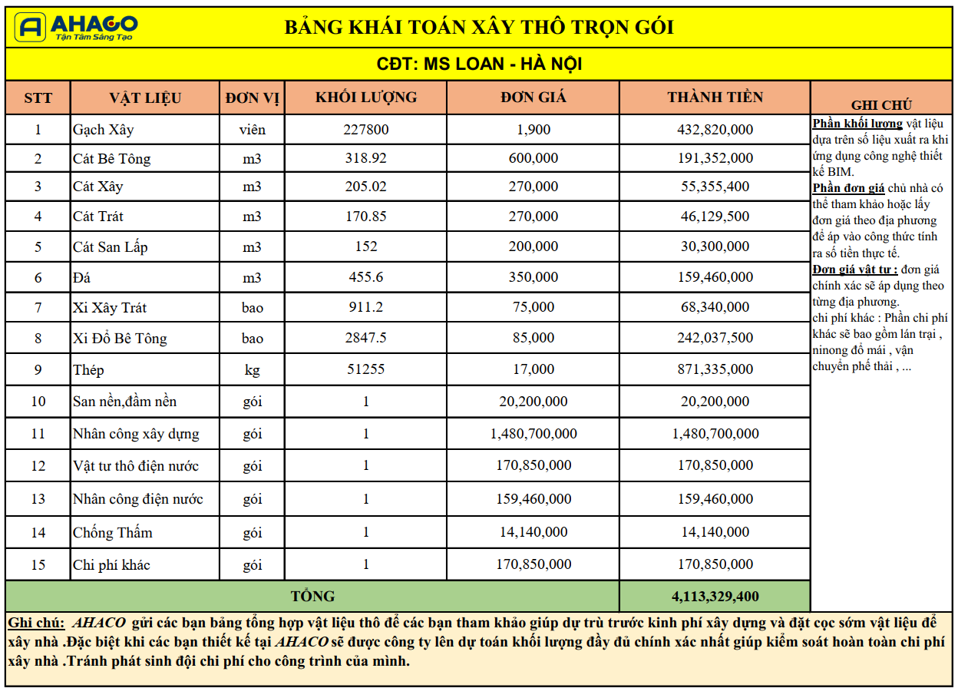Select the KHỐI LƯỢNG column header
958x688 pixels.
(x=366, y=98)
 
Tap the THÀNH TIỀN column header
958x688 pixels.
(x=715, y=98)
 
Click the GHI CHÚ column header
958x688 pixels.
(x=881, y=105)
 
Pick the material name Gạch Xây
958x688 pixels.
(x=103, y=130)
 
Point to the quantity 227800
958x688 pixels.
(x=366, y=130)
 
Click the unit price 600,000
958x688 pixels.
(x=534, y=158)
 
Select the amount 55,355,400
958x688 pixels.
(x=715, y=187)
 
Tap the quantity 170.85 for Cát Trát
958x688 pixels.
(x=366, y=217)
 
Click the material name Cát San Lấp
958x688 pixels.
(x=110, y=246)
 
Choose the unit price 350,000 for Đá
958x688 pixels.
(x=534, y=277)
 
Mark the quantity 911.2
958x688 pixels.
(x=366, y=307)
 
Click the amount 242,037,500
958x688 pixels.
(x=715, y=338)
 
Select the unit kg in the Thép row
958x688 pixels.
(x=252, y=370)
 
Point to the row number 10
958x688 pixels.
(x=38, y=402)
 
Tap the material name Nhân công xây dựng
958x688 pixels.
(x=136, y=434)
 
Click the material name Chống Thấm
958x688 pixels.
(x=112, y=532)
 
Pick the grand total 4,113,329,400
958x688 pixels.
(x=715, y=597)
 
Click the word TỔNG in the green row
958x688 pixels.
(x=312, y=597)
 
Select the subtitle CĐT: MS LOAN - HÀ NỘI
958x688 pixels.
(x=479, y=64)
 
